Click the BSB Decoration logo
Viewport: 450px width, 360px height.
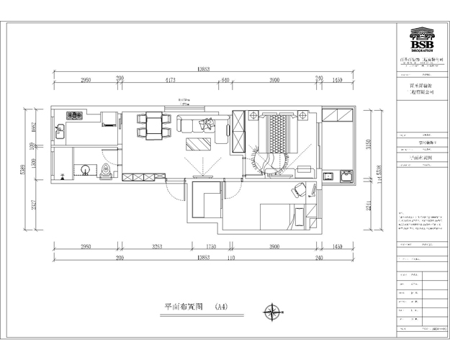(x=422, y=40)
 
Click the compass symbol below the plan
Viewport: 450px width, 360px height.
(x=274, y=312)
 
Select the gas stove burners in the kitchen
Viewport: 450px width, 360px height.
(x=74, y=114)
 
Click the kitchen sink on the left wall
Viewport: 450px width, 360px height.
(x=60, y=132)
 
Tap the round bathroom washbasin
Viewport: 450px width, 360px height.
(x=84, y=169)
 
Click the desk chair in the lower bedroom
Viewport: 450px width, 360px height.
(x=297, y=191)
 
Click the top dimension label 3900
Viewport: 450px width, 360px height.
(x=274, y=79)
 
